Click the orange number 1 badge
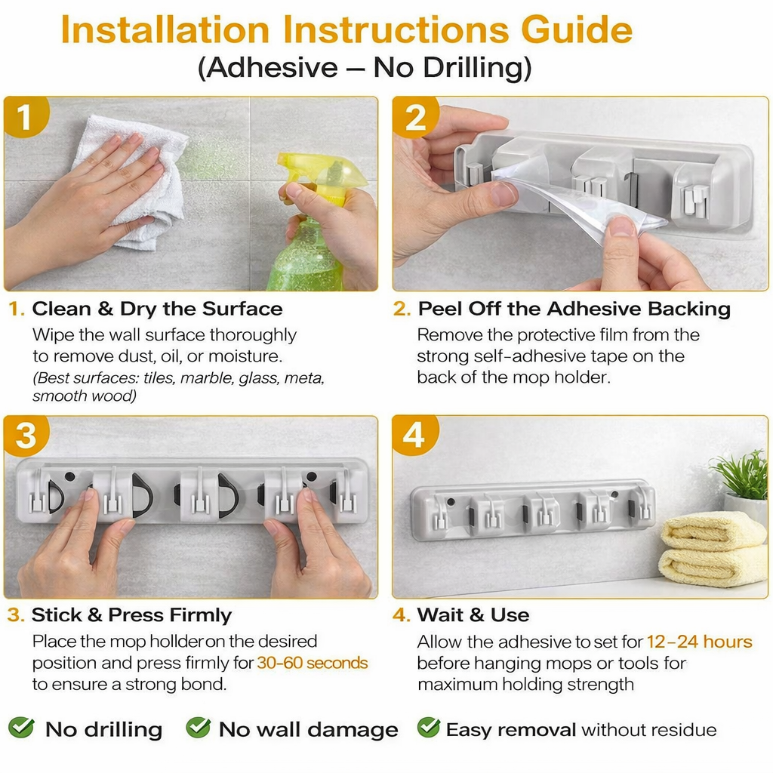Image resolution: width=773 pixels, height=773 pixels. coord(26,117)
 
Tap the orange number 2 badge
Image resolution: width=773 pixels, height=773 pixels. coord(415,117)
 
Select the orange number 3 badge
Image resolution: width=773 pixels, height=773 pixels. coord(26,436)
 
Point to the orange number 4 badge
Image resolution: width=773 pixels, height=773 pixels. coord(415,436)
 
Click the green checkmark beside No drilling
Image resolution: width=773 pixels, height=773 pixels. coord(21,728)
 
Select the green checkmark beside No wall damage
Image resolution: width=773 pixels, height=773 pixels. coord(199,728)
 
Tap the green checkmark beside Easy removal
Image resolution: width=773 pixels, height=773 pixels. coord(429,728)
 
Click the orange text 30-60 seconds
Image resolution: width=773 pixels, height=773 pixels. coord(313,663)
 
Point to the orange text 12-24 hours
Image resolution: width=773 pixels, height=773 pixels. coord(700,642)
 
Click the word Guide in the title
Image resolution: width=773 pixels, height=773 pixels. coord(577,30)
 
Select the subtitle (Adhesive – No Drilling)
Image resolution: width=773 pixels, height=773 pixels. coord(365,67)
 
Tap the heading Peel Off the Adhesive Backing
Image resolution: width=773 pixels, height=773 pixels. coord(574,309)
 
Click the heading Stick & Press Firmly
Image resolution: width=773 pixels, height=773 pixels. coord(131,615)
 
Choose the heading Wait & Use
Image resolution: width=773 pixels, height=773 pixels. coord(473,615)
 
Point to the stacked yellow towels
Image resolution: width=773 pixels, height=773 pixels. coord(713,549)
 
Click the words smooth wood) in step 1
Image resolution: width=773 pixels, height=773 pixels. coord(85,396)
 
